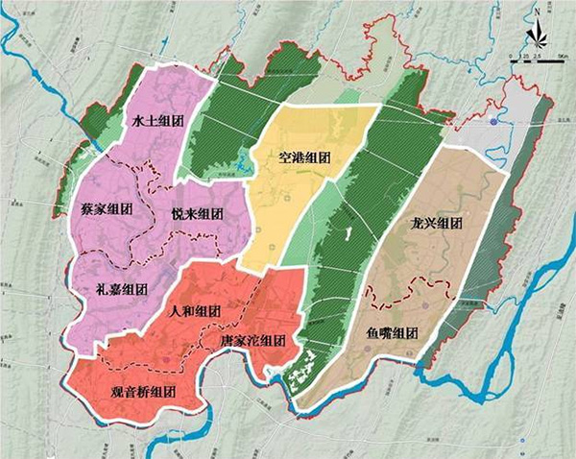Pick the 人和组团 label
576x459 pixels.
coord(195,312)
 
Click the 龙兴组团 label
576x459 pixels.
coord(437,225)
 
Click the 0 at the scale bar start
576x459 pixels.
coord(512,59)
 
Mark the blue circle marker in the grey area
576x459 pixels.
coord(493,123)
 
